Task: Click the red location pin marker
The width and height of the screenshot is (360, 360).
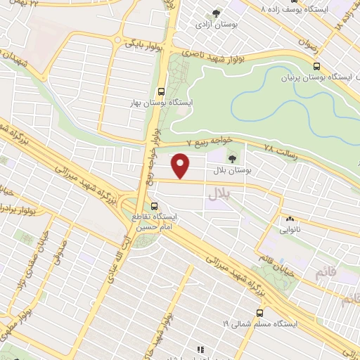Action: [x=181, y=166]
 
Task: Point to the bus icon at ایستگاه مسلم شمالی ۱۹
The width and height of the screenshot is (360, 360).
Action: [x=260, y=312]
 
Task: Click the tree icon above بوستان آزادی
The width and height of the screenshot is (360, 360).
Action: [x=215, y=13]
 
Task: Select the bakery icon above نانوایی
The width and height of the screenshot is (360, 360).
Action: [x=290, y=219]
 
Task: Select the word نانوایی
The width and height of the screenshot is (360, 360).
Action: [x=290, y=230]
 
